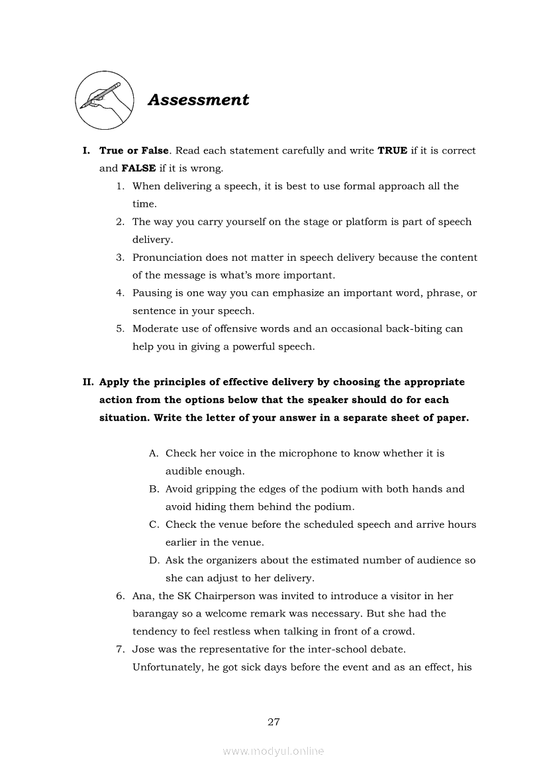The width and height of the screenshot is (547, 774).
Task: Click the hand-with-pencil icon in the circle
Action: [x=101, y=101]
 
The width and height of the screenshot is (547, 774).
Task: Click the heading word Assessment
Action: [x=198, y=100]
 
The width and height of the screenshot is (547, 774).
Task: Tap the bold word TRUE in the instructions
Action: [x=392, y=151]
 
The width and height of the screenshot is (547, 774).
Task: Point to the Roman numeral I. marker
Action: [x=86, y=151]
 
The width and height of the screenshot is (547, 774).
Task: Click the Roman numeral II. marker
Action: [x=88, y=382]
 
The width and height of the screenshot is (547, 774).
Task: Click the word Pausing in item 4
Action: [x=152, y=293]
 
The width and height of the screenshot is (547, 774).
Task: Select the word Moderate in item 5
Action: [x=156, y=328]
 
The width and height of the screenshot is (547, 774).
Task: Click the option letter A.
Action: [x=153, y=454]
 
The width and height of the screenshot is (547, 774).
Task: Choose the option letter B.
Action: [x=153, y=489]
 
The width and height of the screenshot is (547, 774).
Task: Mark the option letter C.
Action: [x=153, y=524]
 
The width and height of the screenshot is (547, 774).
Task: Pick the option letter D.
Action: [x=153, y=560]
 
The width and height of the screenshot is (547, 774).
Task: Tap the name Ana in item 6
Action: [x=142, y=596]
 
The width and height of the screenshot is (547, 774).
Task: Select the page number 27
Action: [x=273, y=722]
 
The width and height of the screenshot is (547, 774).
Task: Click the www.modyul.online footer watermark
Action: [x=273, y=751]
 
